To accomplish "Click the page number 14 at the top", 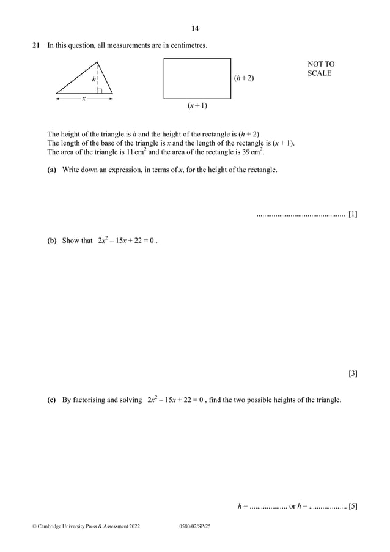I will (195, 28).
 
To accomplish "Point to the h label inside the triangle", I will (94, 79).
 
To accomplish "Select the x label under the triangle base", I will (84, 98).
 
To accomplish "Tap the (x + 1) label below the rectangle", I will (197, 106).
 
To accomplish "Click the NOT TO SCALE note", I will (320, 69).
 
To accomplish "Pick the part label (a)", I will (52, 169).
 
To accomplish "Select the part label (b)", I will (52, 241).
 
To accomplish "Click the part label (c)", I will (52, 400).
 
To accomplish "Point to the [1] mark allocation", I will (353, 214).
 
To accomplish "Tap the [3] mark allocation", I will (353, 373).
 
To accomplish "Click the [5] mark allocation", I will (353, 506).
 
